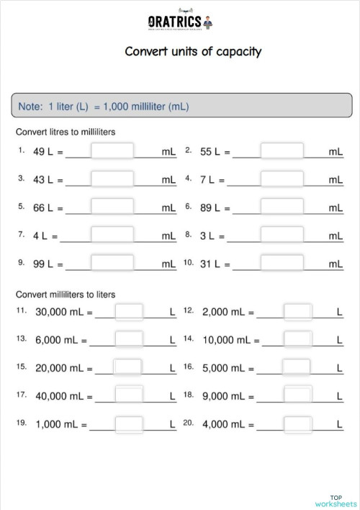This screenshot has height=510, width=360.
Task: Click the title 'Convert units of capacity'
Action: tap(193, 51)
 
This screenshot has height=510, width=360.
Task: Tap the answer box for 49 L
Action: tap(112, 151)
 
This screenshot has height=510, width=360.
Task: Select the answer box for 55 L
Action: tap(282, 151)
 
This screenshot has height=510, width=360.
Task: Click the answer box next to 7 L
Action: tap(282, 179)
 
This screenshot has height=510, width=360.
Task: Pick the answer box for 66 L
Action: tap(112, 207)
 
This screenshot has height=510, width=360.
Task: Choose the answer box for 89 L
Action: tap(282, 207)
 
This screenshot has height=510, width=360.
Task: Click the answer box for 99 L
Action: tap(112, 263)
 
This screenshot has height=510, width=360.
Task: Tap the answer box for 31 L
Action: tap(282, 263)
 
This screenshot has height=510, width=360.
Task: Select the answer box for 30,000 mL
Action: tap(129, 312)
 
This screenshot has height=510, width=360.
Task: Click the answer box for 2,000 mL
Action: tap(297, 312)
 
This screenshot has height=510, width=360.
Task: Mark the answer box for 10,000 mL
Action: tap(297, 339)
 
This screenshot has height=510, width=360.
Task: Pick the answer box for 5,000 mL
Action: tap(297, 367)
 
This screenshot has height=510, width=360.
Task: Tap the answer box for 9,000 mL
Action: tap(297, 395)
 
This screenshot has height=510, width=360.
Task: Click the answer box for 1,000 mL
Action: tap(129, 424)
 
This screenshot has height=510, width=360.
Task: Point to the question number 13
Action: tap(21, 339)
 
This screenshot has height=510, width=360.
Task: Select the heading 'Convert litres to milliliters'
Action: tap(66, 132)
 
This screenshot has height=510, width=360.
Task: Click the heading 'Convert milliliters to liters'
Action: tap(66, 295)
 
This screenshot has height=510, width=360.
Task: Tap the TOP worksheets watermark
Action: tap(336, 501)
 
